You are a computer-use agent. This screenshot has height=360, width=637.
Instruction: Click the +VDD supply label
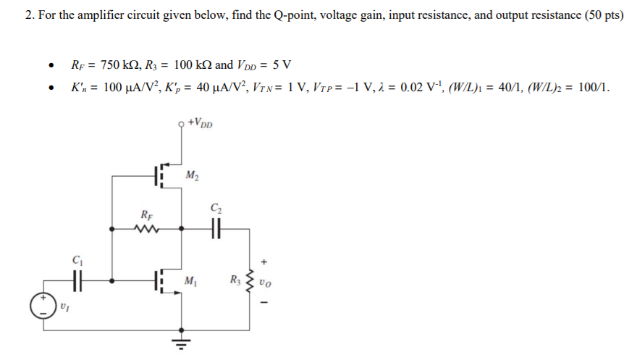click(201, 123)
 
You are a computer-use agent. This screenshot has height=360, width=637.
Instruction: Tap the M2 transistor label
click(193, 175)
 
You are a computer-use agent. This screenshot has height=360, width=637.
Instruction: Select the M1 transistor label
click(191, 281)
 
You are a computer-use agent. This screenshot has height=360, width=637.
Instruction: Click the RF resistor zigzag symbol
click(146, 229)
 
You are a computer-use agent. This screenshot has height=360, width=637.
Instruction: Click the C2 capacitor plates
click(214, 229)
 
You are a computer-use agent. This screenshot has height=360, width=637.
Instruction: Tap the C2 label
click(215, 209)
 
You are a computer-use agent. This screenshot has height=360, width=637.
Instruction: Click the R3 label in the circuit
click(234, 280)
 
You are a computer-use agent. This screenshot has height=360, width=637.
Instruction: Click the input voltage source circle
click(43, 306)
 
